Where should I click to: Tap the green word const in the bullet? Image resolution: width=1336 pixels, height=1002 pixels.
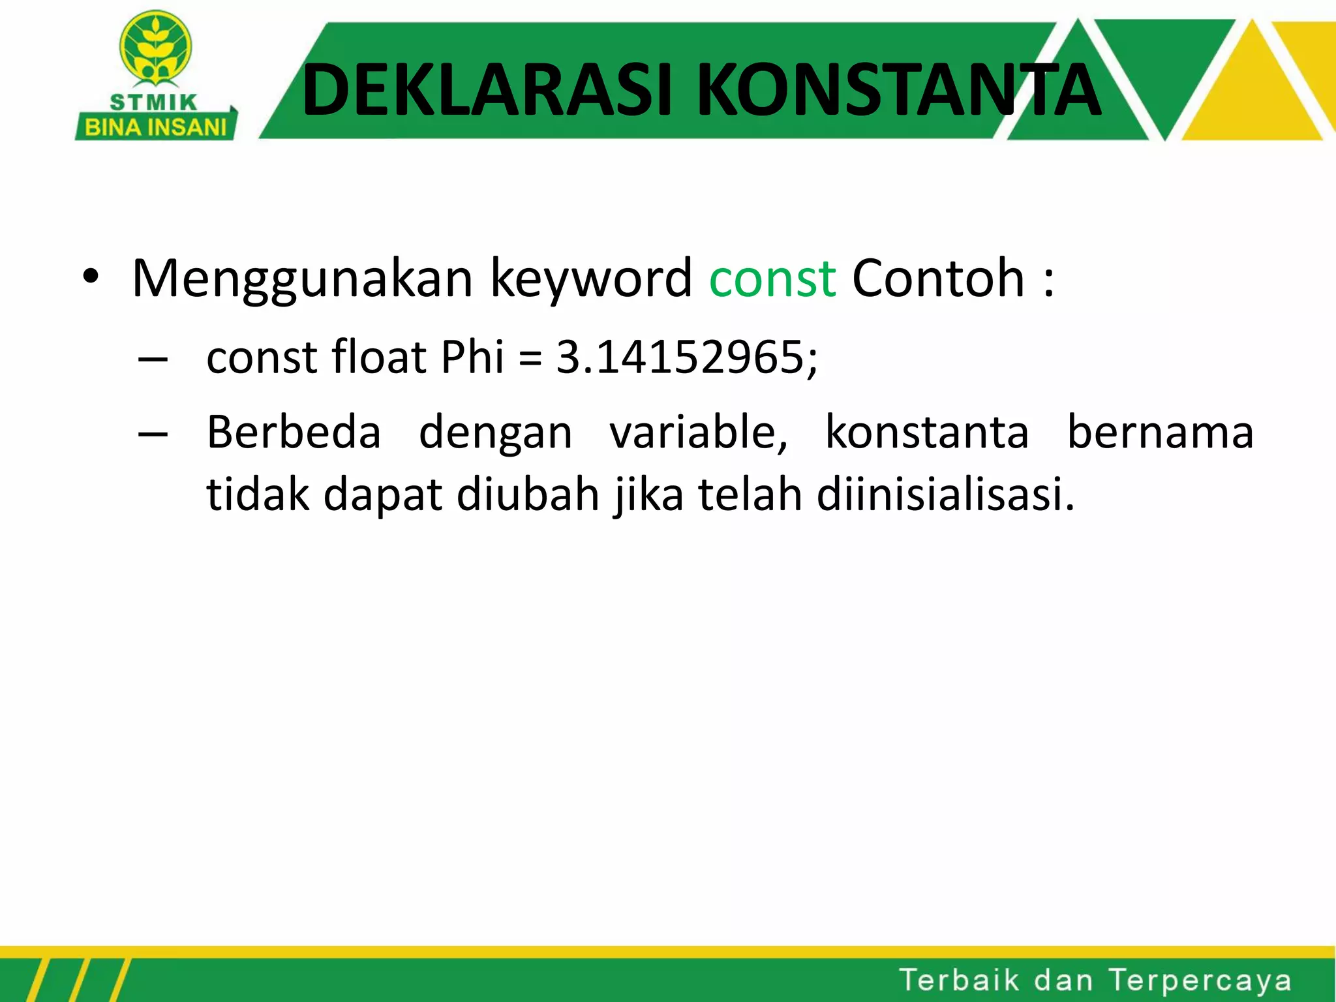pyautogui.click(x=772, y=279)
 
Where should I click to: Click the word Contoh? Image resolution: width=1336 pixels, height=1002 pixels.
pyautogui.click(x=938, y=279)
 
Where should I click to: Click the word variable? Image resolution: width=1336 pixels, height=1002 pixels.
pyautogui.click(x=699, y=434)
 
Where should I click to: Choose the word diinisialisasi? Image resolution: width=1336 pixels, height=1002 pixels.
pyautogui.click(x=945, y=494)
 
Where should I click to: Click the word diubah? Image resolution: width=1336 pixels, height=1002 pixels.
pyautogui.click(x=528, y=494)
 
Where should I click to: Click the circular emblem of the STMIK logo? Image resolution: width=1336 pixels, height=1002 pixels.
pyautogui.click(x=155, y=50)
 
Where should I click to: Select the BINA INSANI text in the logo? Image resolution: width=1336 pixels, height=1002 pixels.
pyautogui.click(x=155, y=127)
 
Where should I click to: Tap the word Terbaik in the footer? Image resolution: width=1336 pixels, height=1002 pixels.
pyautogui.click(x=959, y=980)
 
